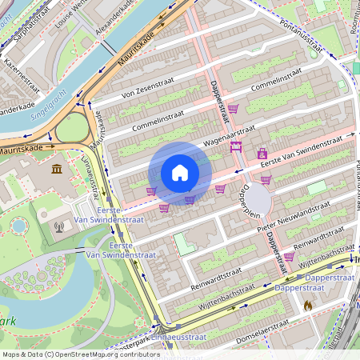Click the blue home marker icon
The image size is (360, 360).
[x=180, y=173]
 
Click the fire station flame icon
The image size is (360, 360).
[x=307, y=306]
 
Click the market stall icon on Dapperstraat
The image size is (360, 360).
[x=236, y=146]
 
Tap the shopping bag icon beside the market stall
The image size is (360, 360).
[x=262, y=153]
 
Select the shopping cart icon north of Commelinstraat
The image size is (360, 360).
[x=233, y=108]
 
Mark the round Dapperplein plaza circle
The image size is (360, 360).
[x=258, y=198]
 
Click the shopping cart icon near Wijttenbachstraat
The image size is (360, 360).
[x=289, y=257]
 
